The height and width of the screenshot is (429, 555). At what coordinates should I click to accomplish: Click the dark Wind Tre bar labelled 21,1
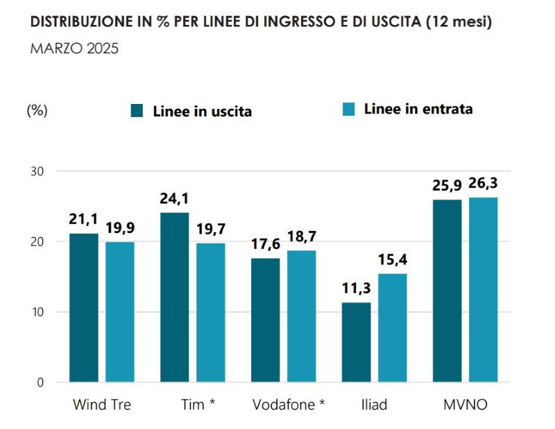83,308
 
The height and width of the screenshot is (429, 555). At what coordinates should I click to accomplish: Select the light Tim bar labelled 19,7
211,313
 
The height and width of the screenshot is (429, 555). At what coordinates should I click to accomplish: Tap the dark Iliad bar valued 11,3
357,342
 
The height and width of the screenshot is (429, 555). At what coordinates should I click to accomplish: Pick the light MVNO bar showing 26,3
484,290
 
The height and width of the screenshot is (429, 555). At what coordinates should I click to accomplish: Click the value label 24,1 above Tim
174,199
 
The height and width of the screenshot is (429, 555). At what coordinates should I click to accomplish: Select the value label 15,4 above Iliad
393,260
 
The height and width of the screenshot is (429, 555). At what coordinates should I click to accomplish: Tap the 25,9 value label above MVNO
447,186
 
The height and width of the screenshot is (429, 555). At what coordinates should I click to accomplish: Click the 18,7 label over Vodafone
302,237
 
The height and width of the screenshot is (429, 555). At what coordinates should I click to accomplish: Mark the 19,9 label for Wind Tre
120,228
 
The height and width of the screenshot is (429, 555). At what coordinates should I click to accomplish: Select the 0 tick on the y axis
42,383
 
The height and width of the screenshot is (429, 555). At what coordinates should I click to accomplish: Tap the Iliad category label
374,405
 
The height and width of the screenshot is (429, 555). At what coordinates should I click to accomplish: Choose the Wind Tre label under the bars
101,405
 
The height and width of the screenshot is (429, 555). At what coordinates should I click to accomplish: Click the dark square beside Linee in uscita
137,111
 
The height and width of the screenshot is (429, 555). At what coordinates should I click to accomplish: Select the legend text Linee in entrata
418,110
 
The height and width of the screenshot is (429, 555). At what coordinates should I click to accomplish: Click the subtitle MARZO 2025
75,49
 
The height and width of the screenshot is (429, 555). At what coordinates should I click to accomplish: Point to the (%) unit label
37,111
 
